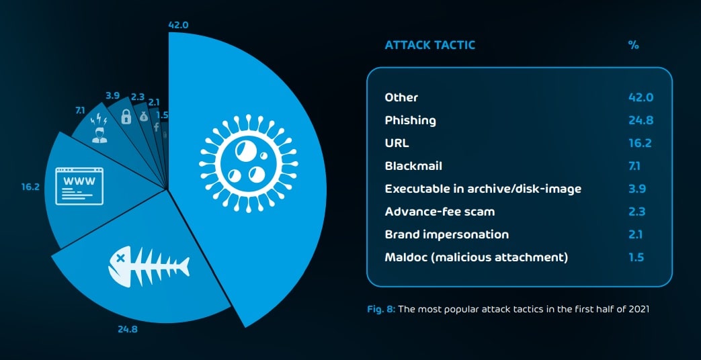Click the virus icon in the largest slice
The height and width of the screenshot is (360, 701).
(248, 163)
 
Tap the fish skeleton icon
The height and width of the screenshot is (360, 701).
(149, 266)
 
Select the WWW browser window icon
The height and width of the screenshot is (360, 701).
(79, 186)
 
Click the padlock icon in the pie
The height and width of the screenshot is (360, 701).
(126, 117)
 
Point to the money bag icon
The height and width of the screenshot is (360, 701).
(143, 117)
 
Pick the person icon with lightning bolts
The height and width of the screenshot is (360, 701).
(99, 129)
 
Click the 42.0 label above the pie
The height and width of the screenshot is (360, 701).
(178, 25)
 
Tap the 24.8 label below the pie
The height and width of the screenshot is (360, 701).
(128, 330)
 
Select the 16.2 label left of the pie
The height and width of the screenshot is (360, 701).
(30, 187)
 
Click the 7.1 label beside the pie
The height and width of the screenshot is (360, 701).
(80, 109)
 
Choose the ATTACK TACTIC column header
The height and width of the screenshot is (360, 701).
(429, 45)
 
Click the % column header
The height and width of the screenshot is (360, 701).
(634, 45)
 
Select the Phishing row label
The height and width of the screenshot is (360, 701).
(410, 121)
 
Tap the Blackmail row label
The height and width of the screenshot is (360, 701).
(413, 166)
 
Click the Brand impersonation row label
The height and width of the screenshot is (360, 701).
(447, 234)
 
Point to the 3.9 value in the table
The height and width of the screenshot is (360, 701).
(637, 189)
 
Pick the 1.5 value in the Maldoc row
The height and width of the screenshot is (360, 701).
(636, 257)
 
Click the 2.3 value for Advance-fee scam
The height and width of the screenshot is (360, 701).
(637, 212)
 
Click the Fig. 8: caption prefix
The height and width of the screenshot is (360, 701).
(381, 309)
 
